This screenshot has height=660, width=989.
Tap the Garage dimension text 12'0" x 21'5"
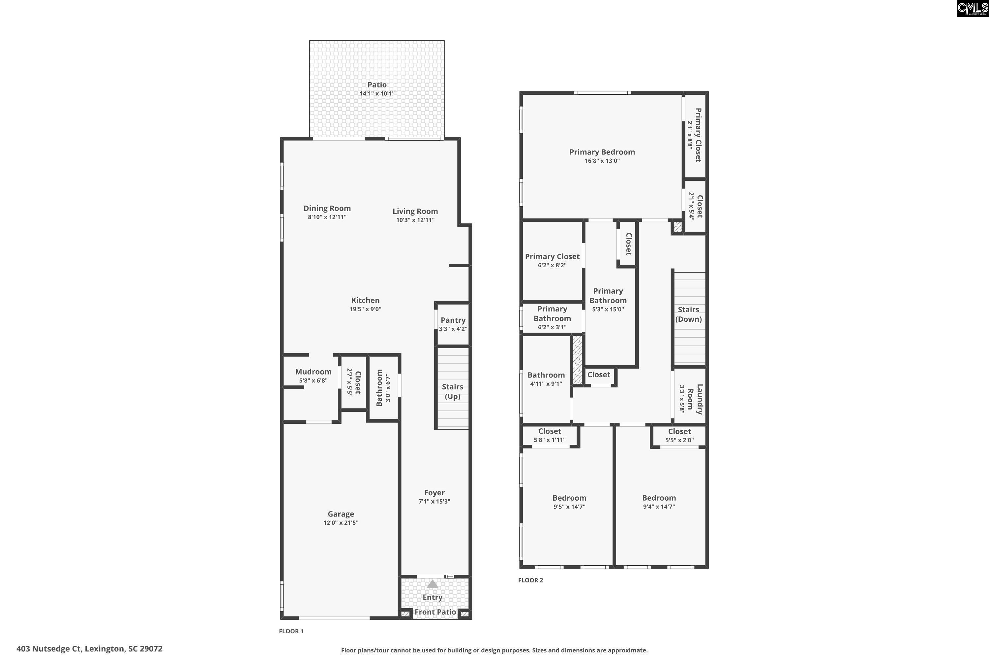pos(341,523)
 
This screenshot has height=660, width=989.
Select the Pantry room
pos(453,324)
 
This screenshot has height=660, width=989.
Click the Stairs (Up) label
pos(452,391)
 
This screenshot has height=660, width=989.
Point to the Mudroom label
pos(313,372)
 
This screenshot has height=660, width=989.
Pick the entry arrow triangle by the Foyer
pos(432,584)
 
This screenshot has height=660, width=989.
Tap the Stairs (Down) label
pos(688,314)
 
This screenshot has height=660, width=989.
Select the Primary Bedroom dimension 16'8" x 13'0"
pos(602,161)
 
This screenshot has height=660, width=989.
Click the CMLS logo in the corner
pos(973,9)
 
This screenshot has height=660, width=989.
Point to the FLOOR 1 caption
pos(291,631)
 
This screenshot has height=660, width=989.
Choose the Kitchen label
pos(365,300)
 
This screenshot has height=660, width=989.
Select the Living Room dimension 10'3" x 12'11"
pos(415,220)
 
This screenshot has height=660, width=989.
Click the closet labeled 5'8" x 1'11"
pos(550,435)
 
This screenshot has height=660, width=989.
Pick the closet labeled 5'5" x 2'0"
pos(679,436)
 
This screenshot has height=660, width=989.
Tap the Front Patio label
pos(435,612)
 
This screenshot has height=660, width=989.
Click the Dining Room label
pos(327,208)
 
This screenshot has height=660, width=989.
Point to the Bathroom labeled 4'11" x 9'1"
pos(546,379)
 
